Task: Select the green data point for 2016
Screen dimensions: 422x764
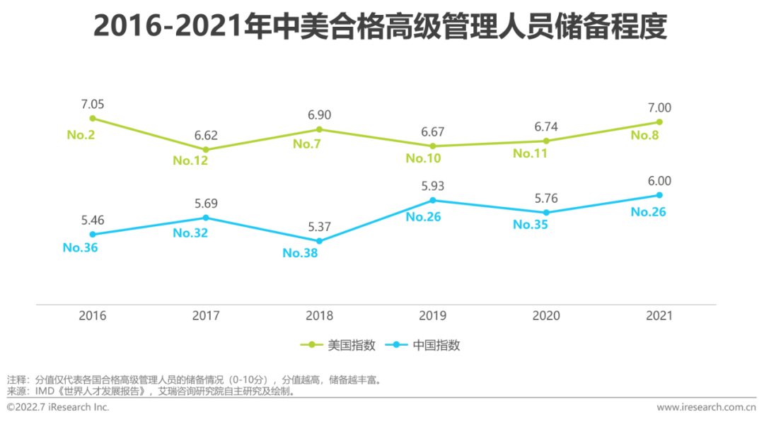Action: pos(93,118)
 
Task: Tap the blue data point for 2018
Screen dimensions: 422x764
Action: pos(319,241)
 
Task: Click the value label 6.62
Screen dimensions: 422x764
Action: pos(206,136)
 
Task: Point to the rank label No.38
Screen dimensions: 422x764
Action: pos(300,253)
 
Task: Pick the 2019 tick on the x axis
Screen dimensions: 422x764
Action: pos(432,316)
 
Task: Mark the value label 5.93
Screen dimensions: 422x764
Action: pos(432,187)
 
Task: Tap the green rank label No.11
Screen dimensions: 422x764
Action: pos(531,153)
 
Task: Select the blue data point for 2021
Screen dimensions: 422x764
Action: pos(659,195)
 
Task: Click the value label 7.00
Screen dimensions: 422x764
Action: pos(659,108)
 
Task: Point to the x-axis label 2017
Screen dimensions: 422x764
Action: pos(206,316)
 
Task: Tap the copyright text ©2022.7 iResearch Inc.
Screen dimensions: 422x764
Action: pos(58,407)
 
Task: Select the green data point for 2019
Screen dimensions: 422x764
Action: pos(432,146)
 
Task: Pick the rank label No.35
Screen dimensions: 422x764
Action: pos(531,225)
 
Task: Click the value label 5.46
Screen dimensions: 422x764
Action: pos(93,221)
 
